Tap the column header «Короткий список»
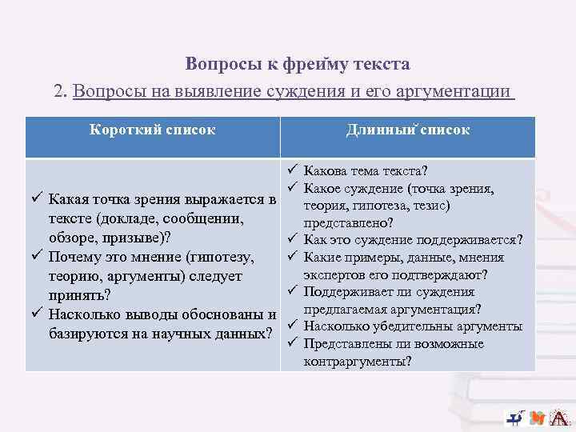(152, 130)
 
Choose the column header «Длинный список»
(407, 130)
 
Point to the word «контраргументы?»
(358, 362)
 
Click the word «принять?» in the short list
(79, 295)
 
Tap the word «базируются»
(88, 332)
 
